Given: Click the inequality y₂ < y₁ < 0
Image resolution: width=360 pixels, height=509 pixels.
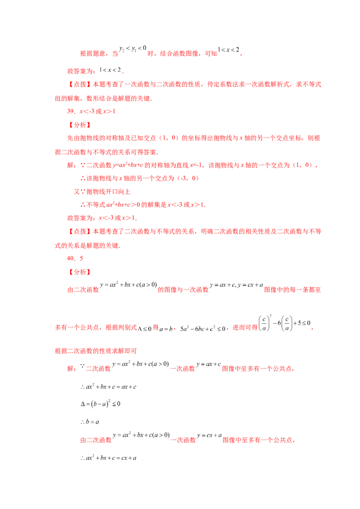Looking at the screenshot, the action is pyautogui.click(x=133, y=49).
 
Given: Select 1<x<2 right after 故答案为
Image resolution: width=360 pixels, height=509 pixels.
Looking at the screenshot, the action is pyautogui.click(x=110, y=70).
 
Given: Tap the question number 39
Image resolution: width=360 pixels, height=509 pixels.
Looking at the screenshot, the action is pyautogui.click(x=71, y=112).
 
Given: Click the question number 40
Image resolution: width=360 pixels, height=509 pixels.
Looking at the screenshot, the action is pyautogui.click(x=71, y=259).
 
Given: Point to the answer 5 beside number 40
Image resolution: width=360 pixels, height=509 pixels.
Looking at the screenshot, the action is pyautogui.click(x=81, y=259).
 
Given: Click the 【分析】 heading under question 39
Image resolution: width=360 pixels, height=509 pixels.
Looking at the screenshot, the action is pyautogui.click(x=80, y=125).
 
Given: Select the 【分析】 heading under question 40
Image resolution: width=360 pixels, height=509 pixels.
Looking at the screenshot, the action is pyautogui.click(x=80, y=272).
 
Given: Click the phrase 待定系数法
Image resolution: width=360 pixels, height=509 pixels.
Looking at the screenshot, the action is pyautogui.click(x=223, y=85).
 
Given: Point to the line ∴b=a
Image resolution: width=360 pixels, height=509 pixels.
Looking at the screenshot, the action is pyautogui.click(x=90, y=422).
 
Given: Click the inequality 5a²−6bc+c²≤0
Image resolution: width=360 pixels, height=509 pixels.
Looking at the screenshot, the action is pyautogui.click(x=203, y=329).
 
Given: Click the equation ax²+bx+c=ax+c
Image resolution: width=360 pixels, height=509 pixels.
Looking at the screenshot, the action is pyautogui.click(x=108, y=387).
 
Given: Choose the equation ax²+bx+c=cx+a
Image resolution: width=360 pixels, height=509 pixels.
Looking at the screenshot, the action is pyautogui.click(x=108, y=458).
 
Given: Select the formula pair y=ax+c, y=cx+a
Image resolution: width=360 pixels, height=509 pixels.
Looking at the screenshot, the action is pyautogui.click(x=236, y=285).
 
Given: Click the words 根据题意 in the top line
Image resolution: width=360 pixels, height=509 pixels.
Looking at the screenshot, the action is pyautogui.click(x=93, y=54).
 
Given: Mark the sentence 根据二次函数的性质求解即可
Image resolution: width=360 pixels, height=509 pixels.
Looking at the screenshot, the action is pyautogui.click(x=96, y=351).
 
